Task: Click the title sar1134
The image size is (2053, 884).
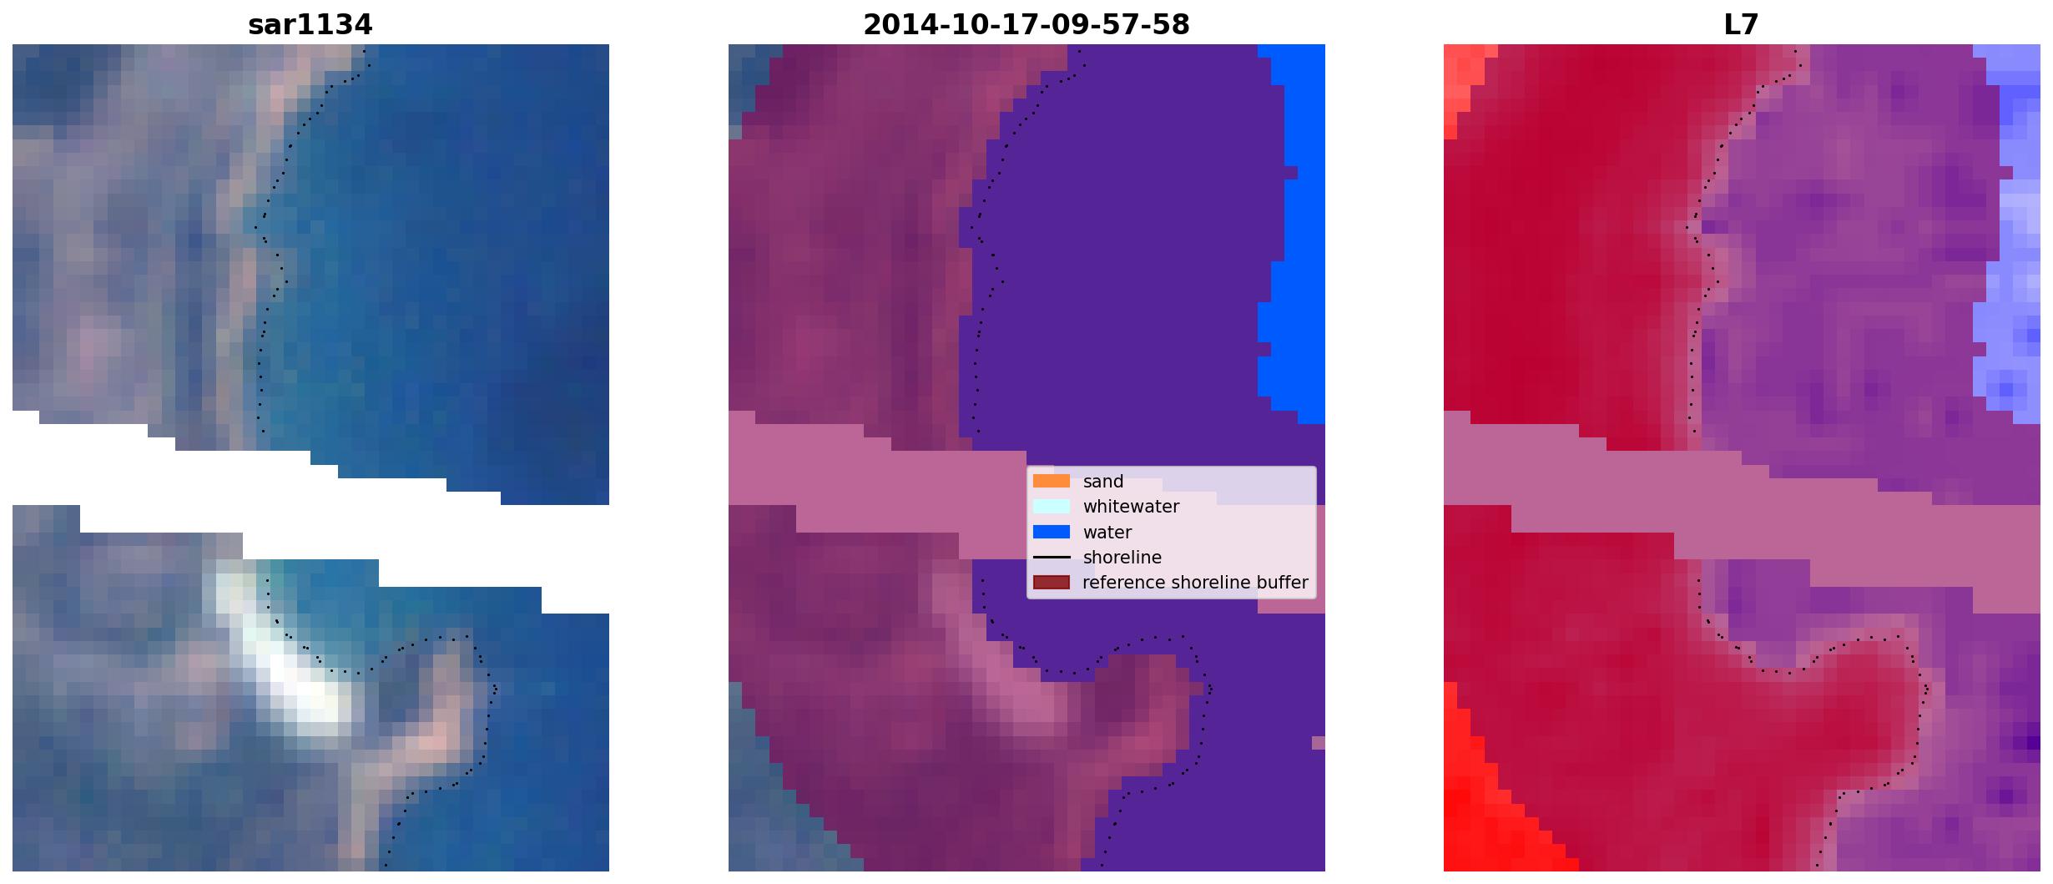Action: [310, 25]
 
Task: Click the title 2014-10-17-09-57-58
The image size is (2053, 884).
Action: [1026, 25]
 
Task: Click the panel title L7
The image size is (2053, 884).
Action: [1741, 25]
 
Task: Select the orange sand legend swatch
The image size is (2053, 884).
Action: [1051, 481]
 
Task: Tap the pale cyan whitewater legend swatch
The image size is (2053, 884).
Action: [1051, 506]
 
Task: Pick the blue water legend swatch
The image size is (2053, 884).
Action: [1051, 532]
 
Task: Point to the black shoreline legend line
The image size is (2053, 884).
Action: [1051, 557]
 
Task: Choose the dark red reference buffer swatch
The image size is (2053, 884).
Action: [1051, 582]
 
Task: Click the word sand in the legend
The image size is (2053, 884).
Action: [1102, 482]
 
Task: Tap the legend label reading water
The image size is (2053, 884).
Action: [1107, 533]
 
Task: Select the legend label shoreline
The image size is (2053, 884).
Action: [1122, 558]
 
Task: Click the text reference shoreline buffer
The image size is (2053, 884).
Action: [1195, 583]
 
